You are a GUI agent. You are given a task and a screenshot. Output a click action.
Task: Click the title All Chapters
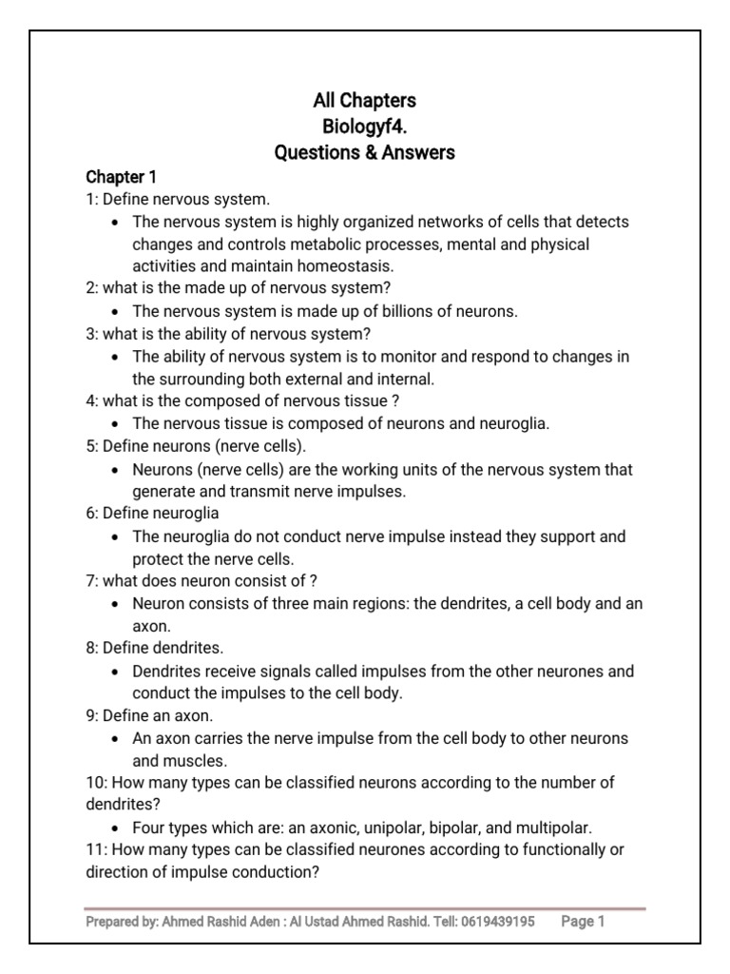pos(365,100)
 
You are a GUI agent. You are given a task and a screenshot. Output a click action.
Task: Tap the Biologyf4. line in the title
pos(365,126)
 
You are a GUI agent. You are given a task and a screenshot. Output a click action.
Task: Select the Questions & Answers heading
pos(365,151)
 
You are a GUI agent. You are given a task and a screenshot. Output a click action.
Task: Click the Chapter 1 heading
pos(122,177)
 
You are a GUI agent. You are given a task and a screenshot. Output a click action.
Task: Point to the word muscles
pos(193,760)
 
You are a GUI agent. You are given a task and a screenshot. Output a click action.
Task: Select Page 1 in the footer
pos(583,922)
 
